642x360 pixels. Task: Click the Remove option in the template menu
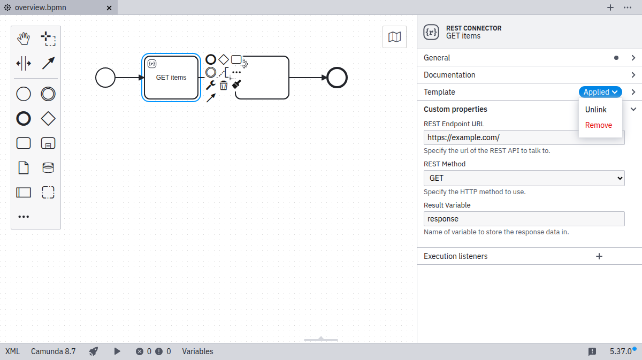click(x=598, y=125)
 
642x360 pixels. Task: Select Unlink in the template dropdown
click(x=595, y=110)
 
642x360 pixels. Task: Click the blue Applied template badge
click(x=600, y=92)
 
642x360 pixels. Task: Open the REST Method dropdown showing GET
click(x=524, y=178)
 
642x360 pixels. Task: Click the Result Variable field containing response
click(x=524, y=219)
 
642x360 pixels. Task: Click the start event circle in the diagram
click(x=105, y=78)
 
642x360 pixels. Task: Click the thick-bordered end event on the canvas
click(x=337, y=78)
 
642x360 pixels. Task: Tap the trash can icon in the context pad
click(x=224, y=85)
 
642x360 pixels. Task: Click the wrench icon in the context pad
click(x=211, y=85)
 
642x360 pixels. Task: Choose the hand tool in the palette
click(x=24, y=39)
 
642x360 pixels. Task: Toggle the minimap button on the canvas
click(x=394, y=37)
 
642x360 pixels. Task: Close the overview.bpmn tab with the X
click(x=109, y=8)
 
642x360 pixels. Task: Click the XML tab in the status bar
click(x=12, y=351)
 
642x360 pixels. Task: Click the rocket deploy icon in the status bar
click(x=94, y=351)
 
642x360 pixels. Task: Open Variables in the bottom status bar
click(x=197, y=351)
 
